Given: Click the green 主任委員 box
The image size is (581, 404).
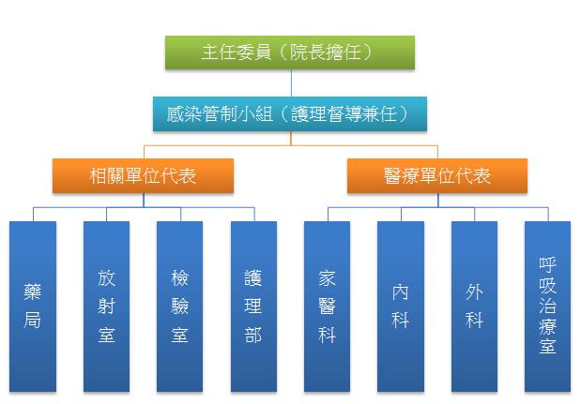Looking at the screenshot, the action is (x=290, y=52).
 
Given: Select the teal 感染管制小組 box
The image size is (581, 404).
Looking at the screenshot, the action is (x=290, y=113).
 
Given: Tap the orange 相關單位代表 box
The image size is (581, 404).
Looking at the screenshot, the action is (x=143, y=175).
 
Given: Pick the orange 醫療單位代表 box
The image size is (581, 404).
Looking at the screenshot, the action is (x=437, y=175).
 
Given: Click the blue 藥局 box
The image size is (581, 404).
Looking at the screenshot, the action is (x=33, y=307).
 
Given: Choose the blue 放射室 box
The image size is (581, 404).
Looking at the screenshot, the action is (x=106, y=307).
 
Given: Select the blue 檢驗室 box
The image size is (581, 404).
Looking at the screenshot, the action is (x=179, y=307).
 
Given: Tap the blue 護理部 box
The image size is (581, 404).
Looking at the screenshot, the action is (x=253, y=307).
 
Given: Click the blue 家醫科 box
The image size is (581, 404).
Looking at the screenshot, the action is (x=327, y=307).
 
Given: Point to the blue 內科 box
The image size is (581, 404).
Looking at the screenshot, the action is (x=401, y=307).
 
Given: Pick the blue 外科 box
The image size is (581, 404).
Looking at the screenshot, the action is (x=474, y=307).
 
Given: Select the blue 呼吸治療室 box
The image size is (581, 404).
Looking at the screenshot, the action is (x=547, y=307).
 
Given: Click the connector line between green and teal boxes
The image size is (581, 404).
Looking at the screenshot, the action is (x=291, y=82).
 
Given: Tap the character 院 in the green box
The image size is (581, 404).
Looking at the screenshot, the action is (x=298, y=52).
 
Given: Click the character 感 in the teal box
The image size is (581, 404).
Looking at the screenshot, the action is (x=176, y=114).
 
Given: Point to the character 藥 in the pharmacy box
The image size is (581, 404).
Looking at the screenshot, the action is (x=33, y=292).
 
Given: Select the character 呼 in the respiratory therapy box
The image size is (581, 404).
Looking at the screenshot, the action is (x=547, y=264).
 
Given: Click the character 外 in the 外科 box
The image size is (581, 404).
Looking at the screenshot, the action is (x=474, y=292).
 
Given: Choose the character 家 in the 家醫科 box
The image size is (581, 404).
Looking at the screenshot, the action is (x=327, y=278).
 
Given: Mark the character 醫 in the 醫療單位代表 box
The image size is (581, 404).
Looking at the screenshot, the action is (x=392, y=175).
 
